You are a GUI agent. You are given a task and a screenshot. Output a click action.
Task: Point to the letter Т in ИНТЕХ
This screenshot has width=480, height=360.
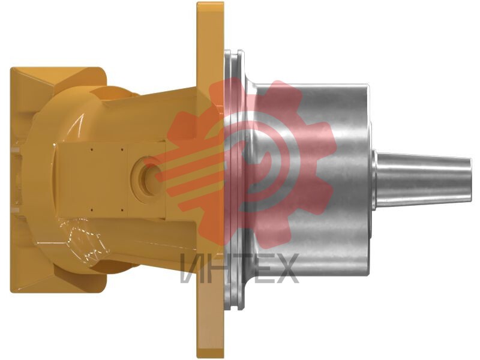[x=236, y=268]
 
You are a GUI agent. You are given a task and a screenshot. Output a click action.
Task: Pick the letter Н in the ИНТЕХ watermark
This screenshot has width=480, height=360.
[x=214, y=268]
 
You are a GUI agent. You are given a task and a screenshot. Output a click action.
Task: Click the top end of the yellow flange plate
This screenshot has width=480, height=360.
[x=211, y=4]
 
